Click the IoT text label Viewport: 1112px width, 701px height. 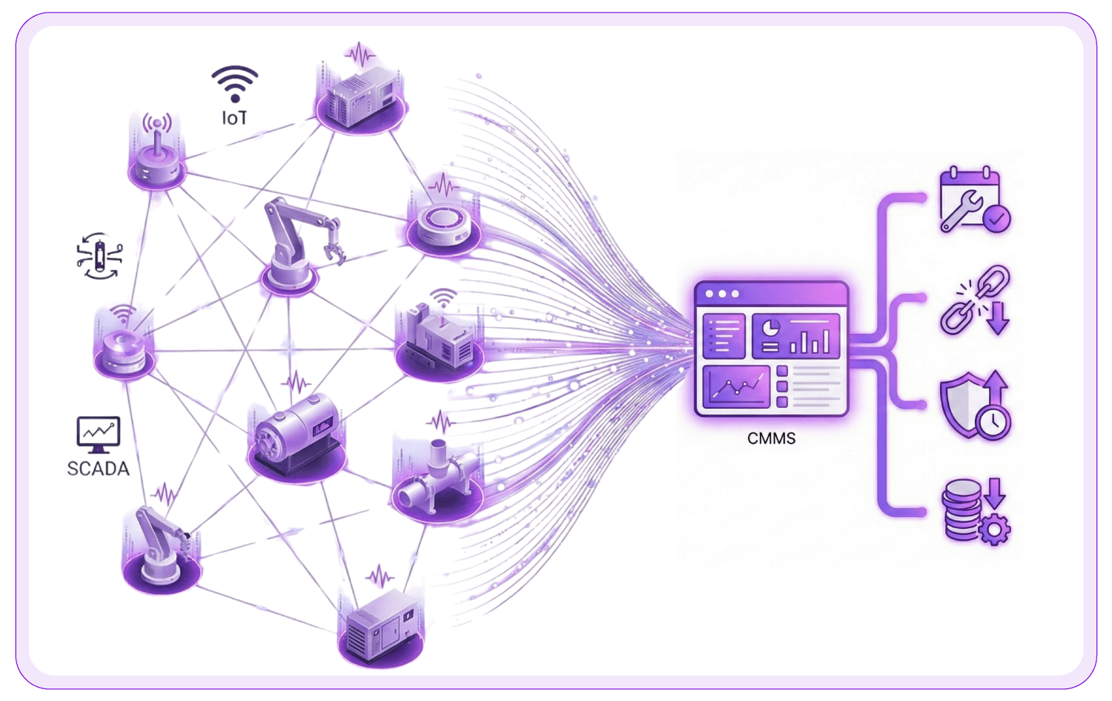pos(234,118)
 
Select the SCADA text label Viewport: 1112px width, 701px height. pos(98,469)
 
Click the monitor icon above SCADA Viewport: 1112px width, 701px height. pos(98,434)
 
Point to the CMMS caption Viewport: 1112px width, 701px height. pos(771,438)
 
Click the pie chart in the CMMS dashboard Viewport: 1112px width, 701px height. pos(771,329)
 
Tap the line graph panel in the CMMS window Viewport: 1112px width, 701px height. pos(736,386)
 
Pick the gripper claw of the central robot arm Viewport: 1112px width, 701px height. pos(333,249)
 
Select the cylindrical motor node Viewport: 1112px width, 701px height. pos(297,434)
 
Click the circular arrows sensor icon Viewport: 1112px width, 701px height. pos(99,256)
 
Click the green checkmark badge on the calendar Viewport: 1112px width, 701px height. pos(996,219)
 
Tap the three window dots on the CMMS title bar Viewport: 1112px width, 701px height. pos(722,294)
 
